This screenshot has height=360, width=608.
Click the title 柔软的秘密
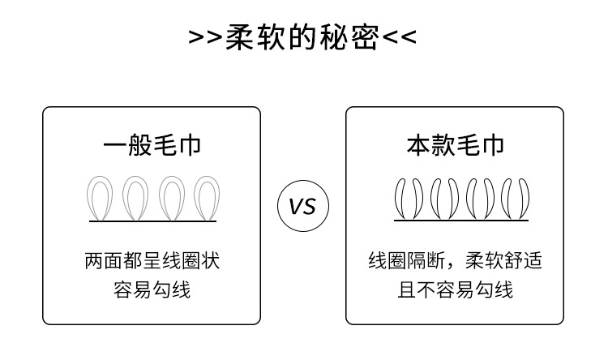tap(302, 36)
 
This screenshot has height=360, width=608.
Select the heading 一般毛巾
tap(152, 146)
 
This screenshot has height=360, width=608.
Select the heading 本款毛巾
tap(455, 146)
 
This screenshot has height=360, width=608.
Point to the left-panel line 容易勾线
tap(152, 289)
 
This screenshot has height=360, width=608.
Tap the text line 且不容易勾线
tap(455, 289)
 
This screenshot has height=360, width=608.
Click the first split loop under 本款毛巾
tap(405, 198)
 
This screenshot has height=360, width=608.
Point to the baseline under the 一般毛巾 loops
tap(152, 221)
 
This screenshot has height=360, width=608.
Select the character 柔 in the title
tap(240, 36)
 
